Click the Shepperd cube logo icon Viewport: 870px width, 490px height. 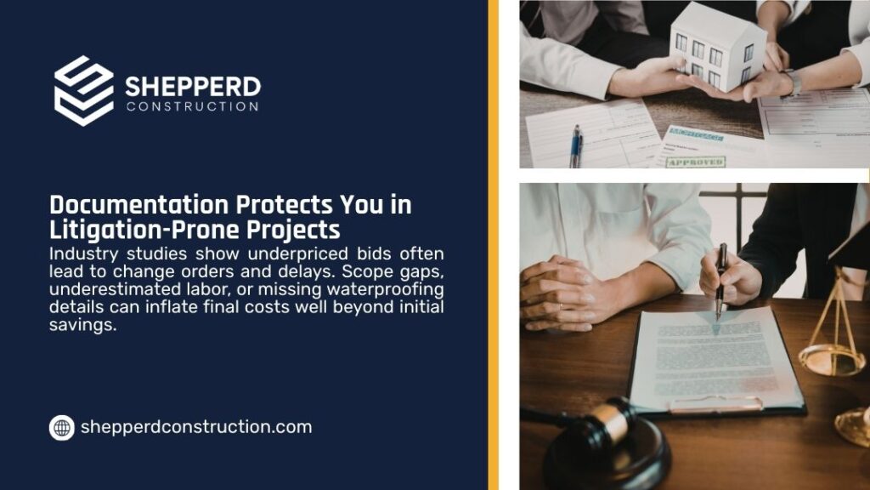point(84,90)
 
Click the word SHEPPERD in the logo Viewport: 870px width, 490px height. point(193,87)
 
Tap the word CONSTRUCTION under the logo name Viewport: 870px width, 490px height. point(193,106)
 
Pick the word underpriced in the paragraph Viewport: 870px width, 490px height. point(298,254)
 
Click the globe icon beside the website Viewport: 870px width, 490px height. point(61,428)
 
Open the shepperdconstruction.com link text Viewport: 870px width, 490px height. point(196,427)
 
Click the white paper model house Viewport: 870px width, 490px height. point(718,47)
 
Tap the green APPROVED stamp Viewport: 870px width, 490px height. point(696,162)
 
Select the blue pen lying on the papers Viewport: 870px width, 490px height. point(575,146)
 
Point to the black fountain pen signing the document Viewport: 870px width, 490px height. point(720,281)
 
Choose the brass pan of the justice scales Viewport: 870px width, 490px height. point(824,360)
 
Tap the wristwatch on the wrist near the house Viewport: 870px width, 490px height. point(794,83)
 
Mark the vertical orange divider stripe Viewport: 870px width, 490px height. point(493,245)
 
